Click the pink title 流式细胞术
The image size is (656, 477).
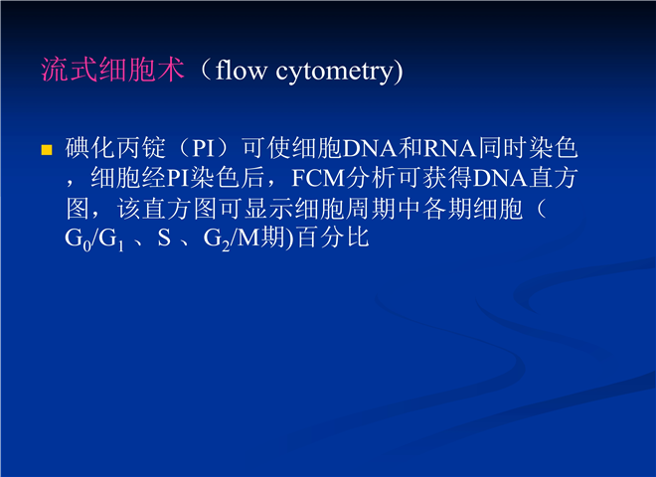(x=112, y=70)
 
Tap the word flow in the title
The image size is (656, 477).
(x=241, y=70)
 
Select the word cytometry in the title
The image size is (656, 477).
(x=336, y=72)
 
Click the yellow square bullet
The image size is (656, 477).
(x=47, y=150)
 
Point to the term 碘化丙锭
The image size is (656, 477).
(x=115, y=148)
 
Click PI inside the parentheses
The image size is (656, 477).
(x=204, y=148)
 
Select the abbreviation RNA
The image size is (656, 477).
(x=450, y=148)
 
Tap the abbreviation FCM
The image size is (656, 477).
(x=318, y=178)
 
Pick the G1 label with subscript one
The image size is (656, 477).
(x=111, y=239)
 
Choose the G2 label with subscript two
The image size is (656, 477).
(x=217, y=239)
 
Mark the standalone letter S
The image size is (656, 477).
(x=164, y=238)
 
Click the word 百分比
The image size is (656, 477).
(x=333, y=238)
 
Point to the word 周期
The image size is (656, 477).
(x=371, y=208)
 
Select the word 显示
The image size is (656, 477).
(x=269, y=208)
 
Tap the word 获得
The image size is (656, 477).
(x=447, y=178)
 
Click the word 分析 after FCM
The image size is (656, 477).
(x=371, y=178)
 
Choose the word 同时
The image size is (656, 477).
(x=503, y=148)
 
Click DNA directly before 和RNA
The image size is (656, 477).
(x=370, y=148)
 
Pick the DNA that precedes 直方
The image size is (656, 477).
(x=500, y=178)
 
